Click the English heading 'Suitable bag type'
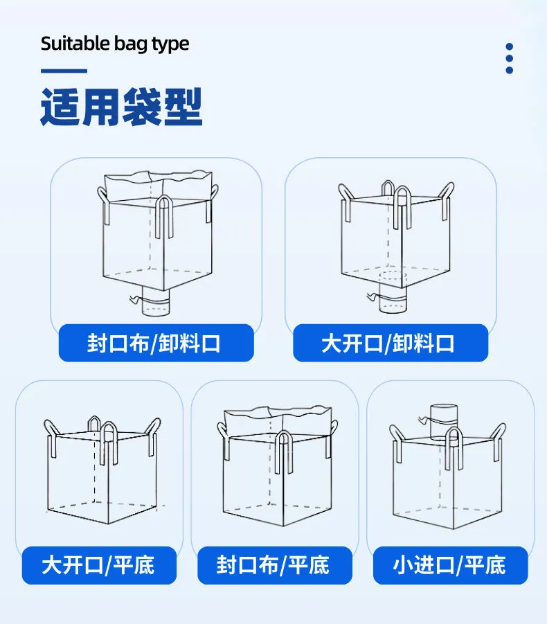pos(115,44)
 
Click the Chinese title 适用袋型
pos(121,106)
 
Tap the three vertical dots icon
pos(510,58)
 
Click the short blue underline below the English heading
pos(64,71)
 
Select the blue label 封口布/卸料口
pos(156,343)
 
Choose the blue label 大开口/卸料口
pos(390,343)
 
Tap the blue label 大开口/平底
pos(99,564)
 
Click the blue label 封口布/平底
pos(273,564)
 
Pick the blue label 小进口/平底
pos(450,564)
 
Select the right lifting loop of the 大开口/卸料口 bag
pos(447,199)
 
